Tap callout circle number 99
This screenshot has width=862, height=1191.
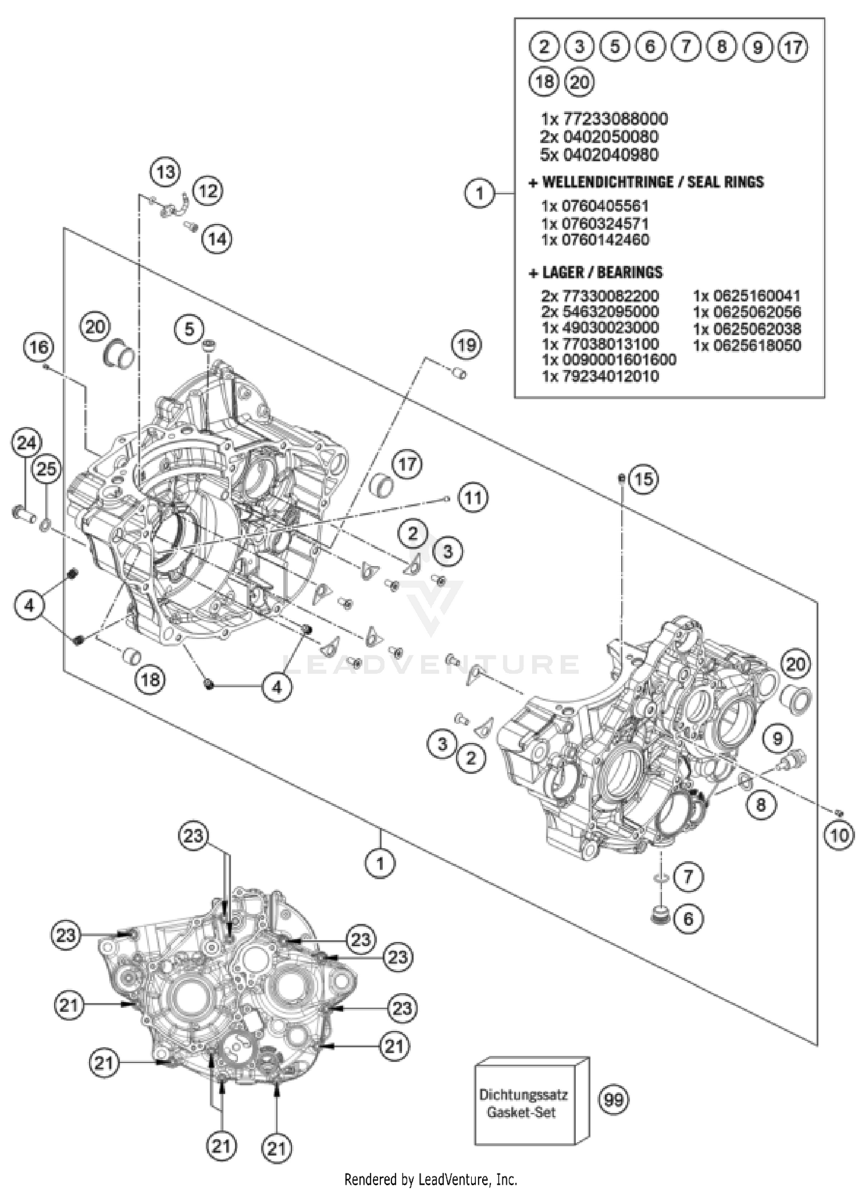tap(614, 1100)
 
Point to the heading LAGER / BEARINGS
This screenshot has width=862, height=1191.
tap(595, 272)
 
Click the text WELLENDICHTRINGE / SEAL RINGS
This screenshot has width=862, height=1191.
tap(646, 182)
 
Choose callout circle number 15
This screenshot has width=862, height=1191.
tap(644, 479)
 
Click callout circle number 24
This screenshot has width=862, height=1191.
tap(26, 443)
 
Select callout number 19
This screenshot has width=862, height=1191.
tap(466, 345)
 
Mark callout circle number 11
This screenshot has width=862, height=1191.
tap(473, 497)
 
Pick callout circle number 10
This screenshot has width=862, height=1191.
tap(838, 835)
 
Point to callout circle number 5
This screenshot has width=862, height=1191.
tap(190, 329)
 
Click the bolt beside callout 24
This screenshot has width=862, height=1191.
tap(22, 511)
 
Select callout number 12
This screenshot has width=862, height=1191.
tap(207, 190)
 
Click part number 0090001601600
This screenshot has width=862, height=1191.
tap(609, 360)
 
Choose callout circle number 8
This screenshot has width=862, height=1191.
tap(761, 805)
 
